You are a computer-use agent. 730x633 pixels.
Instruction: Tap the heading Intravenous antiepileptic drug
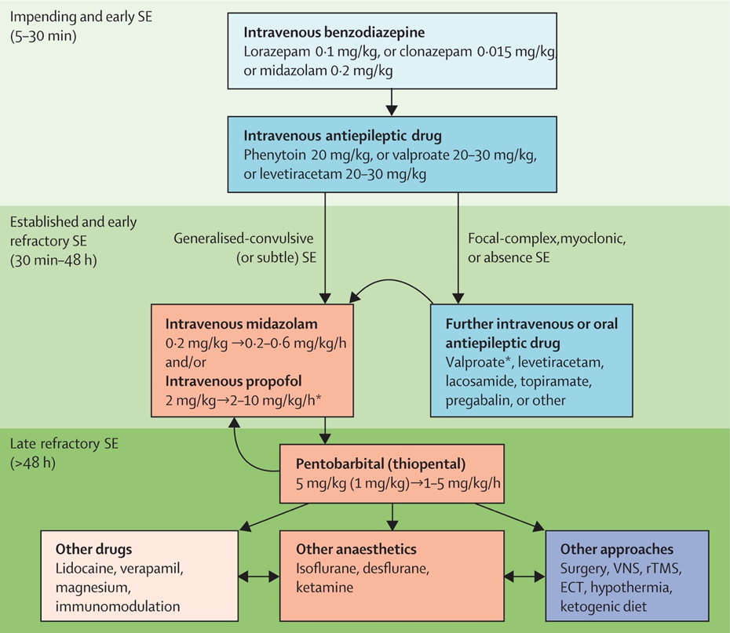tap(340, 136)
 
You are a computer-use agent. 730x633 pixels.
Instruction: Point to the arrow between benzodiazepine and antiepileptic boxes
tap(392, 101)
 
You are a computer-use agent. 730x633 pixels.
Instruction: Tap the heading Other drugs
tap(93, 550)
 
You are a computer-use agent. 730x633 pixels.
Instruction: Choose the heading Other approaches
tap(617, 550)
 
